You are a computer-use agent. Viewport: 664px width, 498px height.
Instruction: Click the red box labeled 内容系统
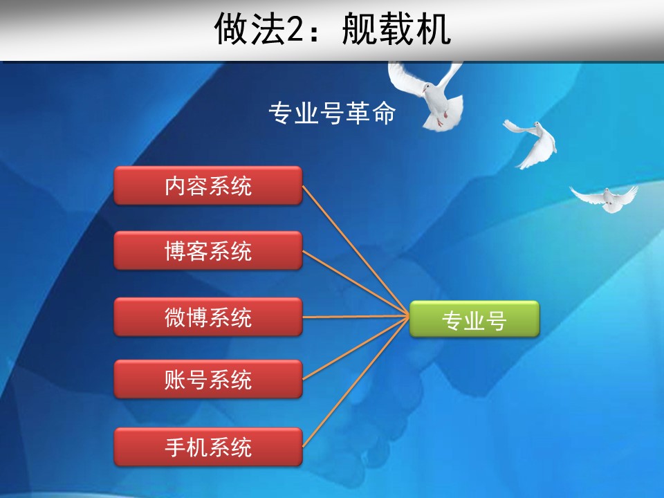(208, 185)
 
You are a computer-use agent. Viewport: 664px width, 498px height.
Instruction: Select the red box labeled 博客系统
(208, 250)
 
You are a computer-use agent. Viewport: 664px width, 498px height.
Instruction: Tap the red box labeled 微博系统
(208, 317)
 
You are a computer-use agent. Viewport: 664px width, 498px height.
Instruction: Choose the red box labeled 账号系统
(208, 379)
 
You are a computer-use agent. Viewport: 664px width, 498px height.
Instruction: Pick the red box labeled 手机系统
(208, 447)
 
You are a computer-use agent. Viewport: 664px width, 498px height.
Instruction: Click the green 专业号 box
(474, 320)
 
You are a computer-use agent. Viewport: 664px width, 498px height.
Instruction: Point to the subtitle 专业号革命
(333, 113)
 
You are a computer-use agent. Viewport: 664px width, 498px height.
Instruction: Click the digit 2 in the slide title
(295, 29)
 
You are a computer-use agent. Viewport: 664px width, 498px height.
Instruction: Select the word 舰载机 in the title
(396, 29)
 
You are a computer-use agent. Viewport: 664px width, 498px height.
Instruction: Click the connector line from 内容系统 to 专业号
(356, 250)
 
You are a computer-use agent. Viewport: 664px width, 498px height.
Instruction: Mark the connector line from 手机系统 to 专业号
(356, 382)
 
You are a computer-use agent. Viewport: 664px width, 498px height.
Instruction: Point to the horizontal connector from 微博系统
(356, 316)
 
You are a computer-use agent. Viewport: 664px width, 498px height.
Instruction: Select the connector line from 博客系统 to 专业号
(356, 284)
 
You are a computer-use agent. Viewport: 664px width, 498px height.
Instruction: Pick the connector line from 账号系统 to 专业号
(356, 348)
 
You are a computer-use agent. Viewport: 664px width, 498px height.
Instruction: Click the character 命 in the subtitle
(384, 113)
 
